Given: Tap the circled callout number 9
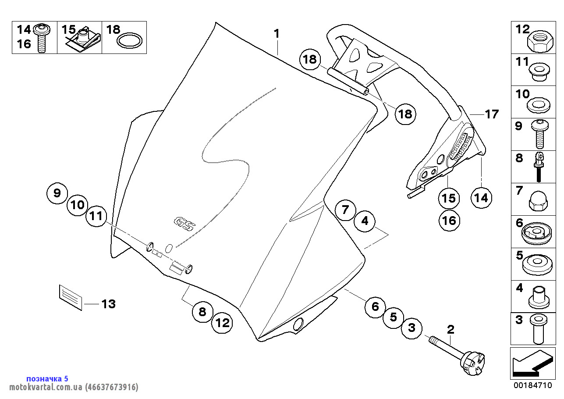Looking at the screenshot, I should tap(57, 193).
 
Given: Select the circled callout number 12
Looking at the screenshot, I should tap(223, 324).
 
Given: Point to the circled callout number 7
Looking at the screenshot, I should tap(346, 210).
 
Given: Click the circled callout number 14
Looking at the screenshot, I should tap(481, 198).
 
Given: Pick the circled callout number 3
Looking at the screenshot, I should tap(411, 328).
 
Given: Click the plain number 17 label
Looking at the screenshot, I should tap(492, 114).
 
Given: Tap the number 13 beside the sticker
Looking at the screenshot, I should tap(108, 303).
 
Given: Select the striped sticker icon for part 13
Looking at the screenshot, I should tap(71, 297).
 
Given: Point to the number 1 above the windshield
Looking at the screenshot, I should tap(277, 33).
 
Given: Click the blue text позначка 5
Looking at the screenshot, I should tap(47, 378).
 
